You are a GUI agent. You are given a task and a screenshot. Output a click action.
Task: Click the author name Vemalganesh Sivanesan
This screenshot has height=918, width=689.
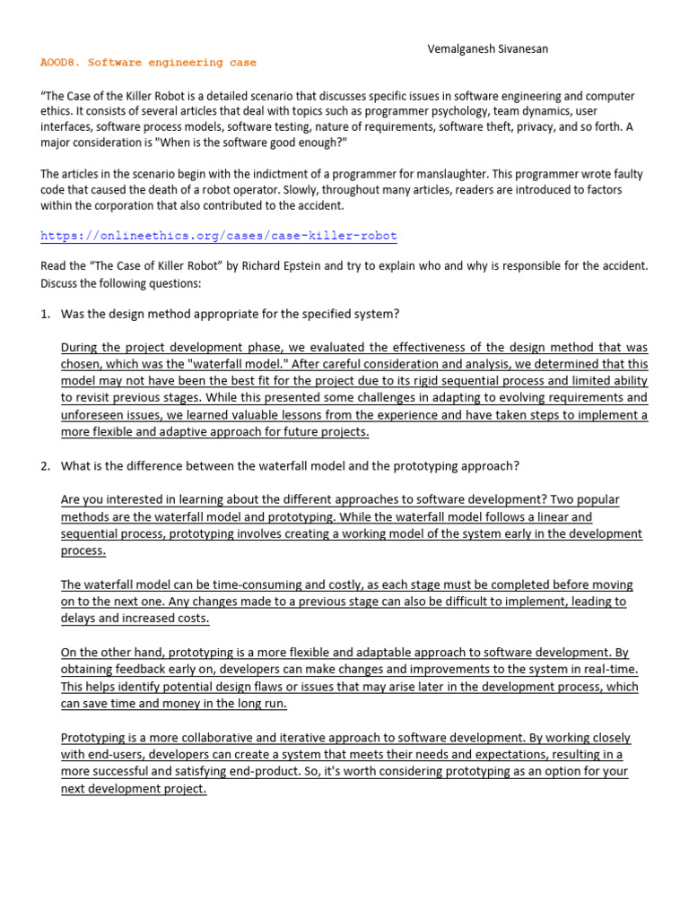(487, 48)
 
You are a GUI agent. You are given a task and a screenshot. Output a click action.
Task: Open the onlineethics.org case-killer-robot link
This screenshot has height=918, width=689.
(219, 236)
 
